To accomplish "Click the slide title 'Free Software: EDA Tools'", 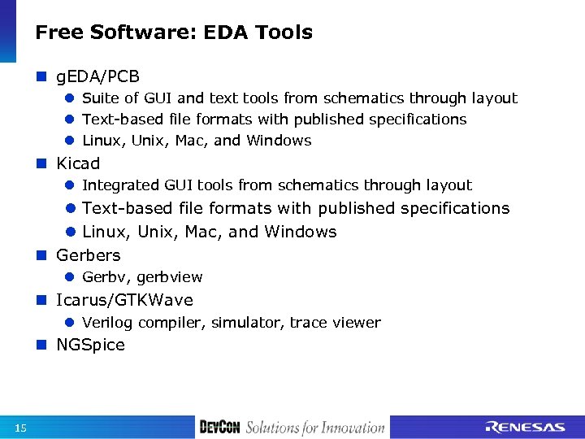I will tap(174, 33).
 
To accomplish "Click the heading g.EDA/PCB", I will tap(97, 77).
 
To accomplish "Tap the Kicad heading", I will tap(78, 163).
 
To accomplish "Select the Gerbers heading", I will tap(88, 255).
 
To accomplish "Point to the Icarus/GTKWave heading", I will tap(124, 301).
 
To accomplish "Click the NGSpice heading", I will tap(90, 345).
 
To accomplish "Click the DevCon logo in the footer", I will tap(219, 427).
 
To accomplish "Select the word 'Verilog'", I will tap(108, 323).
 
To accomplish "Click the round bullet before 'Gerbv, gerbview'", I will tap(70, 277).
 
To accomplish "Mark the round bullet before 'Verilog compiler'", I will tap(70, 323).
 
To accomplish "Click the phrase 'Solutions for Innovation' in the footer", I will tap(315, 427).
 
